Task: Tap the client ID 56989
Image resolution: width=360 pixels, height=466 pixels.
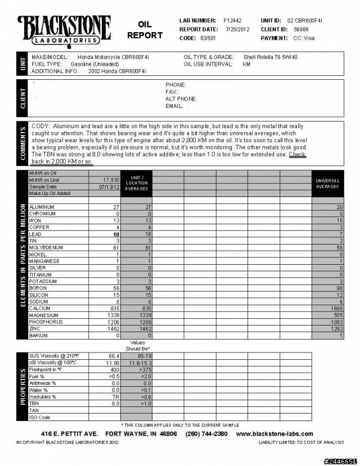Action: pos(301,29)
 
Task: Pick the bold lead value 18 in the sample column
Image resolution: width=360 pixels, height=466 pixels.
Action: pos(116,234)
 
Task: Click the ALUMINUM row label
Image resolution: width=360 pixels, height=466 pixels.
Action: pos(43,207)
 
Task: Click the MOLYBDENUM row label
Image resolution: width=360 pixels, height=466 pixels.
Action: pos(46,247)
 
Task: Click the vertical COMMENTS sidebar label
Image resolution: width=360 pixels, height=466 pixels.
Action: pos(23,143)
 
